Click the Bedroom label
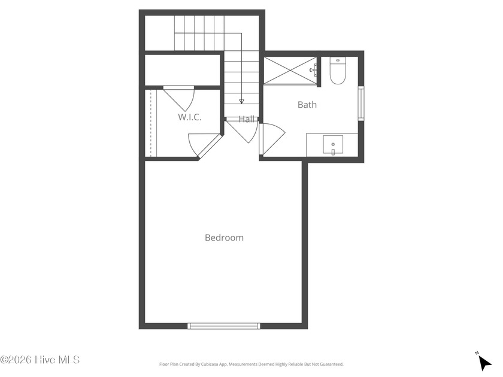[224, 238]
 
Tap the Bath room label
[307, 105]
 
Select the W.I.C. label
[190, 117]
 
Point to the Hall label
[247, 119]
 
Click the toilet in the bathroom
[337, 71]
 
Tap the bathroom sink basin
[333, 145]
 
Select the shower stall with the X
[290, 71]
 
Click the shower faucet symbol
[313, 70]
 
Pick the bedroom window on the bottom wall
[224, 326]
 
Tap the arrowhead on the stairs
[241, 102]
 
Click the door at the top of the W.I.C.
[178, 98]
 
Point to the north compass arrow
[484, 363]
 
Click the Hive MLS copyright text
[40, 360]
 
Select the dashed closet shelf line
[150, 123]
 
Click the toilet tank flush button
[337, 60]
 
